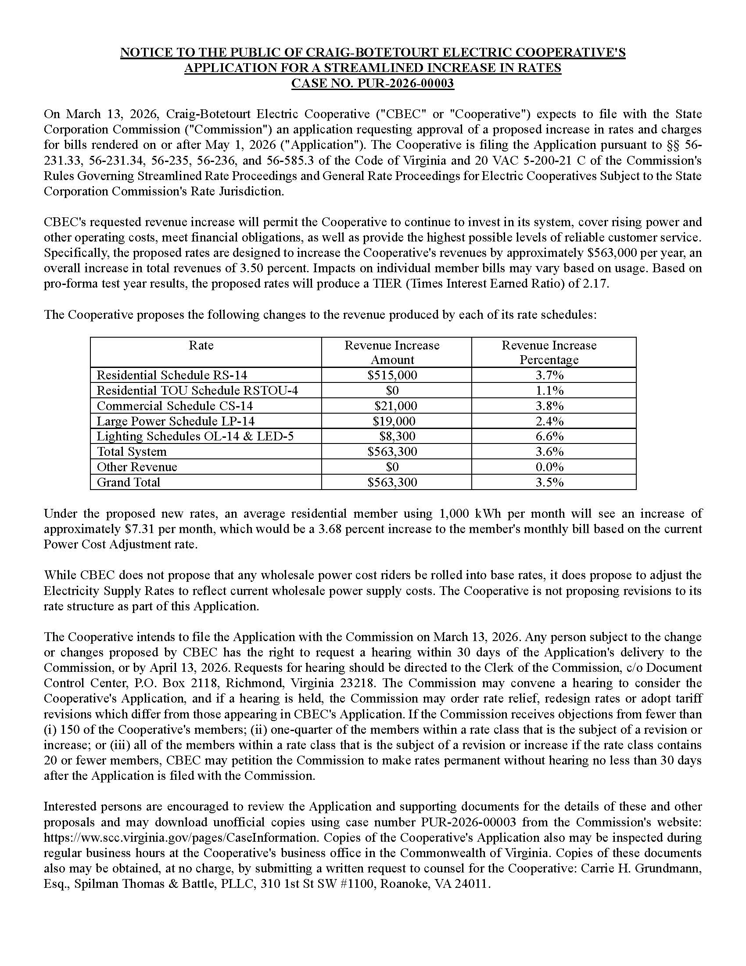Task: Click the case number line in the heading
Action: pos(373,83)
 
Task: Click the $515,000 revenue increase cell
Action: pos(392,375)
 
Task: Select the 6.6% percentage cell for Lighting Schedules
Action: pos(549,436)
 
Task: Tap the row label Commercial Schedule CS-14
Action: pos(175,406)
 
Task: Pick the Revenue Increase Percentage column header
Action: pos(549,352)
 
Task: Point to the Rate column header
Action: pos(201,345)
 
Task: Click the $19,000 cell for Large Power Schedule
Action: pos(394,421)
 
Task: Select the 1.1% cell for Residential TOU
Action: pos(549,390)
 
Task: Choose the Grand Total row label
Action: pos(128,482)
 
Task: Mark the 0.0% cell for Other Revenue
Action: pos(549,467)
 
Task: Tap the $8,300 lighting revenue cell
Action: pos(397,436)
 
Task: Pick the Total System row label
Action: pos(132,451)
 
